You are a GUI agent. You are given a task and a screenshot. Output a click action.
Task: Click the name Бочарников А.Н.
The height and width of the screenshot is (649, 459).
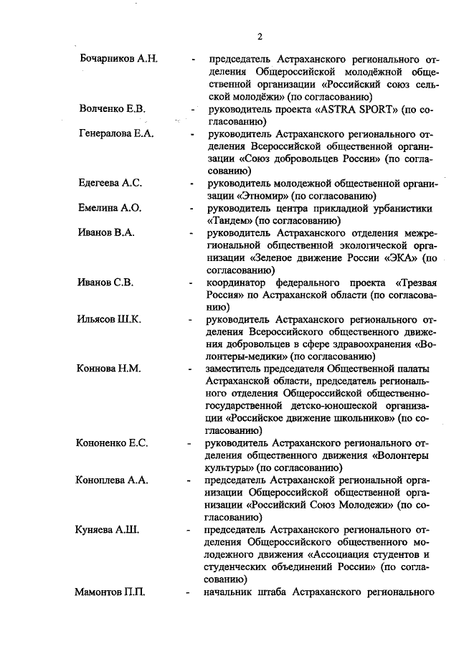(x=118, y=58)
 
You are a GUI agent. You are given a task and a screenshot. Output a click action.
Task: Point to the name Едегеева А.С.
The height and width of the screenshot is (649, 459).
(x=110, y=184)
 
